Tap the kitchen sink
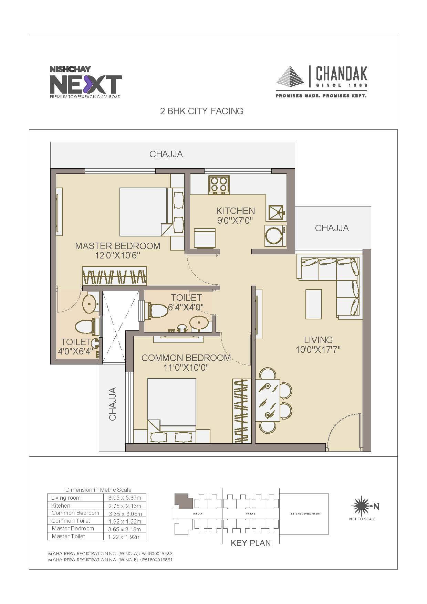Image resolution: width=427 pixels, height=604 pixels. click(275, 213)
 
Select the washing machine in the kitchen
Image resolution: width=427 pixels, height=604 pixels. click(275, 236)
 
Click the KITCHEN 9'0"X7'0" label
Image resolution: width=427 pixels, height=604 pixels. click(236, 215)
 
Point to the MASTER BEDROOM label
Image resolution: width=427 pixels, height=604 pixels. click(118, 251)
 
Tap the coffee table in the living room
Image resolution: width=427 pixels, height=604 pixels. click(314, 304)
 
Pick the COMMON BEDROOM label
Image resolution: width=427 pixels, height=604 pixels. click(186, 362)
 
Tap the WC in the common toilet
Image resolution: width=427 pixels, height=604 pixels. click(158, 310)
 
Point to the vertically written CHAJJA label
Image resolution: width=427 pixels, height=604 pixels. click(113, 404)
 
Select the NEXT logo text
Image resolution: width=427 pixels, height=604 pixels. click(86, 84)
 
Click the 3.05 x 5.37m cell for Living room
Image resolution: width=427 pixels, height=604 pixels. click(125, 498)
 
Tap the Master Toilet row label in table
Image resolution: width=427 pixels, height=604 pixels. click(69, 536)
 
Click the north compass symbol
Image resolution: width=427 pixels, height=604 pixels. click(362, 506)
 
